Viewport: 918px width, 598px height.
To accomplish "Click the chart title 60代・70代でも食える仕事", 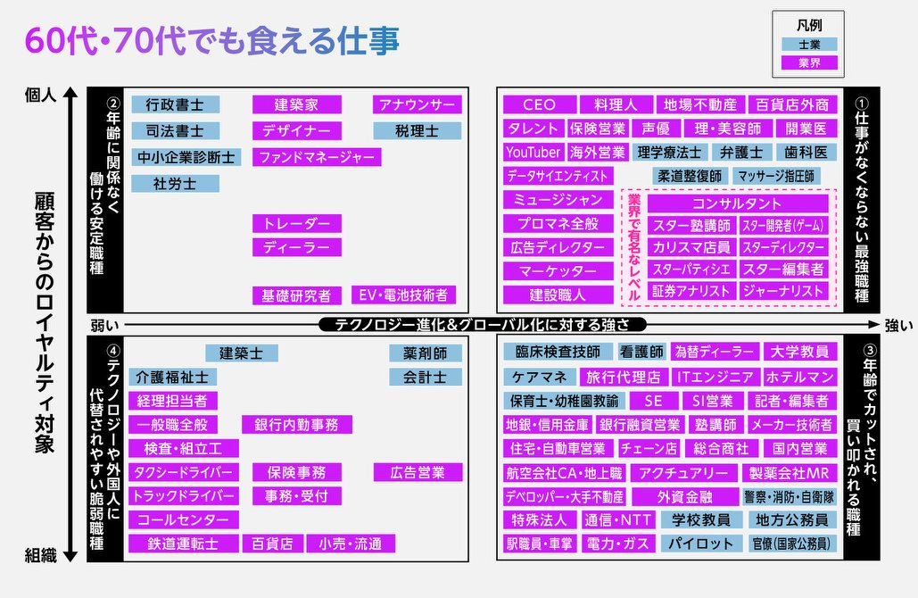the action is click(x=212, y=40).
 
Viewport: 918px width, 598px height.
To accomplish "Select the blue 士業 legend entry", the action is click(x=808, y=44).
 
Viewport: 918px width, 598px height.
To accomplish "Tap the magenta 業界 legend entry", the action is click(x=808, y=62).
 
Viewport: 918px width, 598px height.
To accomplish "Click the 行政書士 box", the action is click(x=175, y=104).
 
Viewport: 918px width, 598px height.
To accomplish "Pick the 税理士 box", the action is click(x=417, y=131).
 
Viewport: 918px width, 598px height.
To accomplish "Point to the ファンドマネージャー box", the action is click(x=316, y=157).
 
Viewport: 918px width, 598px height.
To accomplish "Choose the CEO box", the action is click(x=538, y=104).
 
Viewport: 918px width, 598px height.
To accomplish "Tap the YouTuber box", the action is click(x=533, y=153).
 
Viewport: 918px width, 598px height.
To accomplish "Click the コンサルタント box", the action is click(x=736, y=203).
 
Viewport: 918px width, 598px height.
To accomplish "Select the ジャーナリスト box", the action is click(x=783, y=290).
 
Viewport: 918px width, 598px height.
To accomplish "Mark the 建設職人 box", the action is click(x=558, y=294).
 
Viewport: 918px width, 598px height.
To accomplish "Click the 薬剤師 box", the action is click(x=425, y=353).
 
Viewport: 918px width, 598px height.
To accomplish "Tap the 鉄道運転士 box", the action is click(x=183, y=543).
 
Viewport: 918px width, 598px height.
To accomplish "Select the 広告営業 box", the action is click(x=417, y=472).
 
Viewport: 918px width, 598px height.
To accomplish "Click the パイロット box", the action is click(x=702, y=543).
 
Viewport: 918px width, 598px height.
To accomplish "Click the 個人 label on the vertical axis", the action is click(x=41, y=93).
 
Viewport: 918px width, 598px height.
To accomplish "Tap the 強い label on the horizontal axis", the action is click(x=898, y=325).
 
